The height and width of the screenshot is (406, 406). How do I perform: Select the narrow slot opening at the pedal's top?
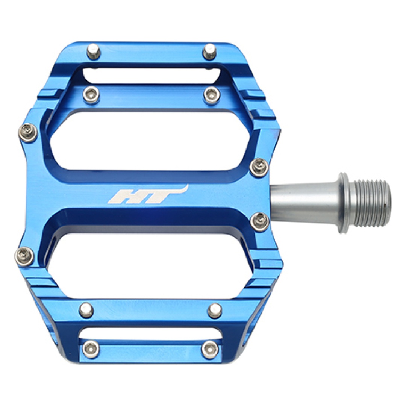tap(151, 76)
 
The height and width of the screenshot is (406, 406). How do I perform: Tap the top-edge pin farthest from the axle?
tap(94, 51)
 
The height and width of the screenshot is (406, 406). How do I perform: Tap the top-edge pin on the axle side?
tap(209, 51)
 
